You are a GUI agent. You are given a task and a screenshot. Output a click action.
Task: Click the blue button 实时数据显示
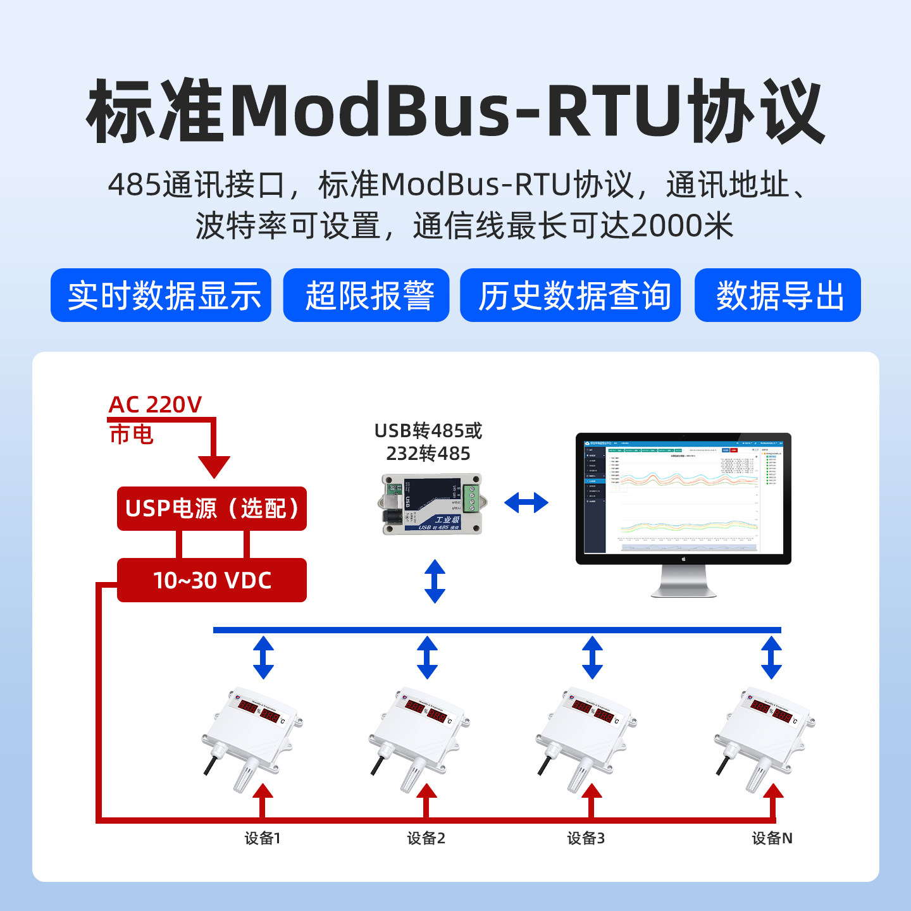(161, 295)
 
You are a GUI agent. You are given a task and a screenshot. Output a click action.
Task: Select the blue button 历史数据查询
(570, 295)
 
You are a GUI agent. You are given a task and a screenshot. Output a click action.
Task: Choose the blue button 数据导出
(778, 295)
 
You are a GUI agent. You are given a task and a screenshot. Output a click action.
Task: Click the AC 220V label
(155, 405)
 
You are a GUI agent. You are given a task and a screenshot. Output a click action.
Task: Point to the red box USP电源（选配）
(212, 509)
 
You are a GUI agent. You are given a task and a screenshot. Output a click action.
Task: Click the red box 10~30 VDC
(212, 580)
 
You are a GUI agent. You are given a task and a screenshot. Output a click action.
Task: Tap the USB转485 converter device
(433, 504)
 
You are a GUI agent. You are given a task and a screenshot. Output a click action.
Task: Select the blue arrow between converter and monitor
(526, 503)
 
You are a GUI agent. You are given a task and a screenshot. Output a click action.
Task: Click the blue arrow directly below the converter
(435, 581)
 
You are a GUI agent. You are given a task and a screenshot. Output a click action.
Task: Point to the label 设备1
(263, 838)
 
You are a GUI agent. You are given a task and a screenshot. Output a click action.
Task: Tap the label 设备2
(426, 838)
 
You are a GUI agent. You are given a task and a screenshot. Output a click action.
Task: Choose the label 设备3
(586, 838)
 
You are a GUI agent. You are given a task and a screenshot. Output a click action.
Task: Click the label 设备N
(772, 838)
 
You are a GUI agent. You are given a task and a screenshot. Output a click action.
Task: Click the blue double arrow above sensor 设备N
(771, 658)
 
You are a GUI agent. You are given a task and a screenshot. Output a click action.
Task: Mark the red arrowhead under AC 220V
(214, 467)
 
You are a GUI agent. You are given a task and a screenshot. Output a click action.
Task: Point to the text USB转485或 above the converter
(428, 431)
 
